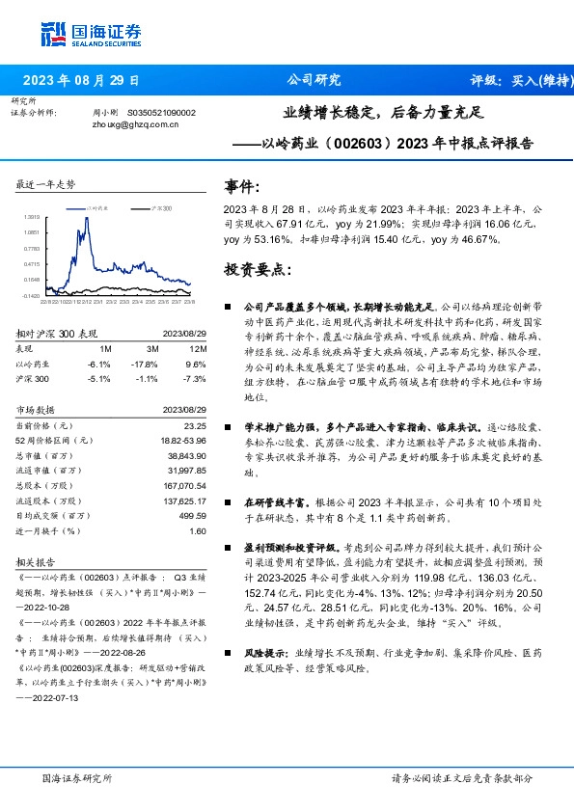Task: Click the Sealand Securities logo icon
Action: point(53,32)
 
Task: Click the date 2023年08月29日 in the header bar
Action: point(81,80)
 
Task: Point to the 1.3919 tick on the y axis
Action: point(33,217)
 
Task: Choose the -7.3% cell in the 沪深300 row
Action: point(194,380)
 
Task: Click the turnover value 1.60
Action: point(198,530)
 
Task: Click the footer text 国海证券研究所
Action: point(76,777)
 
